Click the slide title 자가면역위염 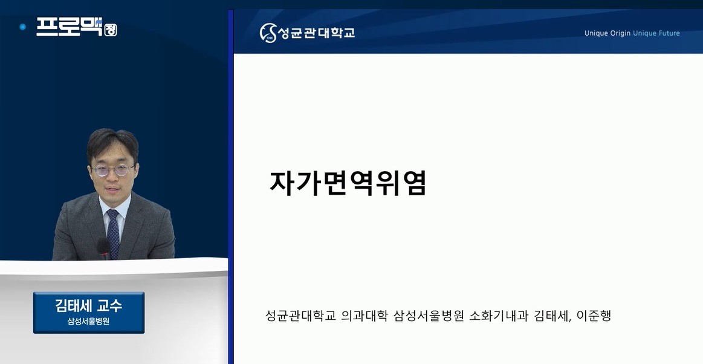(348, 183)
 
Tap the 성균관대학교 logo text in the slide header (317, 33)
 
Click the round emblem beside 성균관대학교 (268, 33)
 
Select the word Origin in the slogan (620, 33)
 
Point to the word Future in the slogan (667, 33)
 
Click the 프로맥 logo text (70, 27)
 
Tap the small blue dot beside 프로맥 (23, 27)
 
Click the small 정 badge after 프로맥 (110, 30)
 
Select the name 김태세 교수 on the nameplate (88, 306)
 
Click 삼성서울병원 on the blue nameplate (88, 322)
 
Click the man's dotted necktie (114, 233)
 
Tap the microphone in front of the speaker (104, 249)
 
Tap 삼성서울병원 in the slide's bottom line (428, 316)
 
